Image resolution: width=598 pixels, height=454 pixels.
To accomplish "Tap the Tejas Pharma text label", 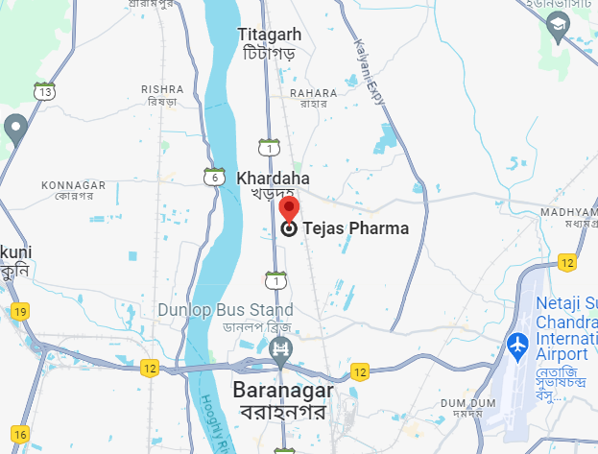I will click(356, 228).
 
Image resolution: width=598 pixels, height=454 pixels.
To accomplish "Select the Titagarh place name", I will click(269, 35).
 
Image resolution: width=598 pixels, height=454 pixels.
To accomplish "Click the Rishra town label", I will click(161, 89).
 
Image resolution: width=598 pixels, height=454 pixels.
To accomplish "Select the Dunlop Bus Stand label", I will click(226, 310).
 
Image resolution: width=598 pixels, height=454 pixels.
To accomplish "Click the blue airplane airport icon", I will click(518, 343).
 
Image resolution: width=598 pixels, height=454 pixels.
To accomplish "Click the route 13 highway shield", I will click(44, 92).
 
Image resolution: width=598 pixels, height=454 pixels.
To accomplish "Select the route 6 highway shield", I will click(214, 177).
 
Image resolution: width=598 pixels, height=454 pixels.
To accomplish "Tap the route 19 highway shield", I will click(20, 311).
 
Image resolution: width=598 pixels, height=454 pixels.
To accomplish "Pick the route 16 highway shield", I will click(20, 435).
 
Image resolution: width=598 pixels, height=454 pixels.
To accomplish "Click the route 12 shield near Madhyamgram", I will click(567, 261).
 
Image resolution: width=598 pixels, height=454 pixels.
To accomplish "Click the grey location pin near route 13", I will click(14, 128).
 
